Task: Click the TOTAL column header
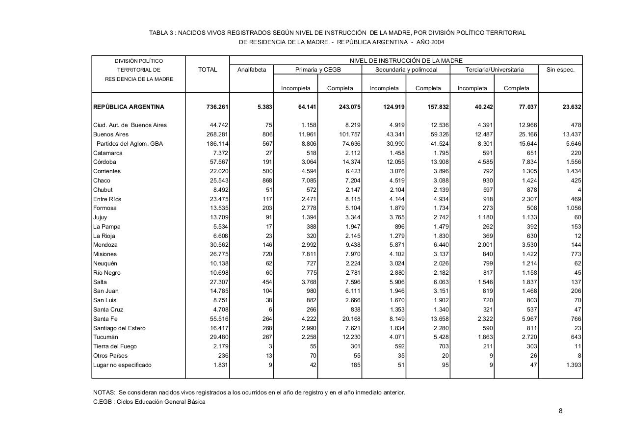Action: coord(208,70)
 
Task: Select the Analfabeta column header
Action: coord(252,70)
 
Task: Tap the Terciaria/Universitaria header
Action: coord(494,70)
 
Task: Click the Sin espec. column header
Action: coord(560,70)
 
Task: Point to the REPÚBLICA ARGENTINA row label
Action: coord(129,107)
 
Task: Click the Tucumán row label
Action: coord(105,337)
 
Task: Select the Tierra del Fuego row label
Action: coord(115,346)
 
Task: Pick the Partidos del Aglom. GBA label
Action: coord(130,144)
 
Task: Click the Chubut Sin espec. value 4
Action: coord(579,190)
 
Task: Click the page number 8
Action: coord(560,411)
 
